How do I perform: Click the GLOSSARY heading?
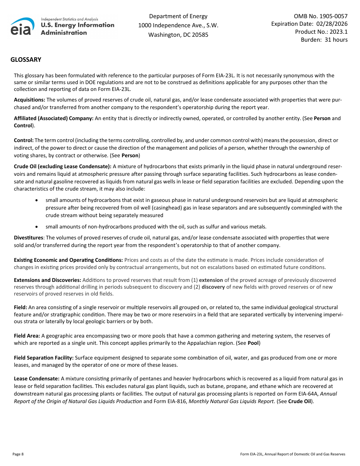(26, 60)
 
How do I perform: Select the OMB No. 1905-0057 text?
(321, 16)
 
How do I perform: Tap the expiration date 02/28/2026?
(332, 24)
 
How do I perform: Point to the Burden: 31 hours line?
(324, 40)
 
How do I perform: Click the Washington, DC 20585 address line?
(178, 35)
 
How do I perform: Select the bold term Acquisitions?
(30, 100)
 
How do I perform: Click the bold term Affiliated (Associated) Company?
(53, 119)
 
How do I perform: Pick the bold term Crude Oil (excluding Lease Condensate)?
(63, 166)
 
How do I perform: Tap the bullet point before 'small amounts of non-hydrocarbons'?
(36, 227)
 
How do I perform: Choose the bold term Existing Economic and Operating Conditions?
(68, 260)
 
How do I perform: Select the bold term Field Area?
(27, 336)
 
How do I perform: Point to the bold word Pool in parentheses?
(253, 343)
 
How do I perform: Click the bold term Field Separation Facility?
(44, 358)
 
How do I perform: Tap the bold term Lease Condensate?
(37, 378)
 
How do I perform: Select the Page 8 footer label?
(18, 454)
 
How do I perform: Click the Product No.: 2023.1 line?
(321, 32)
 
